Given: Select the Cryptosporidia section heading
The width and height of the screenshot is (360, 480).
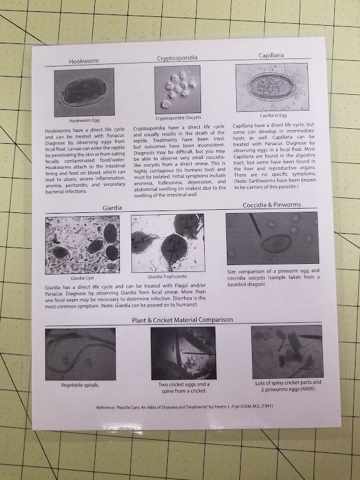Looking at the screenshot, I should [177, 58].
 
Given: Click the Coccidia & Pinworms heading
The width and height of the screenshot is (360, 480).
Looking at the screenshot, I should [271, 205].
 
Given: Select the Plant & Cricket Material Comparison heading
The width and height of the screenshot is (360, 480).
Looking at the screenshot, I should [183, 319].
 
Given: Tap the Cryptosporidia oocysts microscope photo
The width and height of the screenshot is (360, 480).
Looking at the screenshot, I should [177, 89].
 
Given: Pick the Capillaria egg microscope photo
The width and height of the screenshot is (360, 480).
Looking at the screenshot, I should [272, 87].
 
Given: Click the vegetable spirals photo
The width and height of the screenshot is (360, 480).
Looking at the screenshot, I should [80, 354].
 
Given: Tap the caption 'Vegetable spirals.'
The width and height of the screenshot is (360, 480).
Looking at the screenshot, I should [80, 385].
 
